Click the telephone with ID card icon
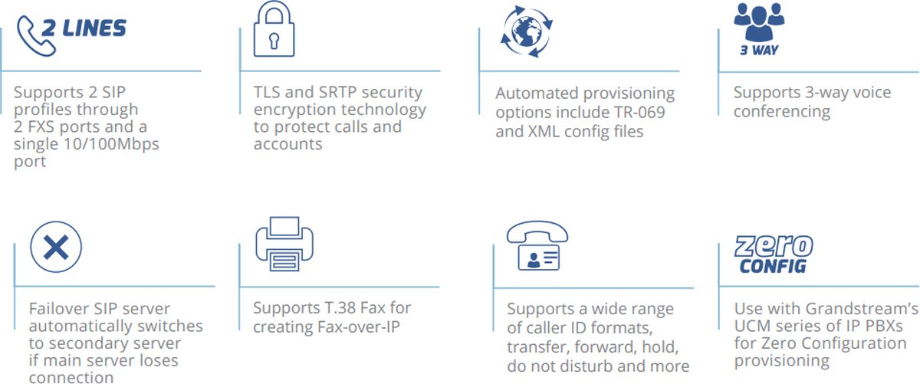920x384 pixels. coord(537,247)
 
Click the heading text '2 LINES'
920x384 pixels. coord(94,28)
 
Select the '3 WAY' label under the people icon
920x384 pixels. coord(759,51)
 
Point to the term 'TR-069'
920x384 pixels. coord(642,113)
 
